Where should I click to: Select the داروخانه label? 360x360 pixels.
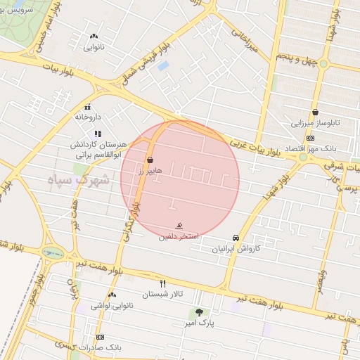89,117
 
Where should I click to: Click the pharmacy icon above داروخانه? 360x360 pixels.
87,107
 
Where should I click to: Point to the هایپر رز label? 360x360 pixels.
150,170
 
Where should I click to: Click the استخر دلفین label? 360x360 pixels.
180,237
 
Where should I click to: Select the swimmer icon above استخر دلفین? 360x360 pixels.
181,226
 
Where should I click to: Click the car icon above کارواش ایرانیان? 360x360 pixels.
236,238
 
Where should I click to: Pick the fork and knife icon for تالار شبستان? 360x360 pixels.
162,283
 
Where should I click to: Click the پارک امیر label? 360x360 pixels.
200,323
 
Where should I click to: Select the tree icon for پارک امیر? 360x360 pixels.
200,311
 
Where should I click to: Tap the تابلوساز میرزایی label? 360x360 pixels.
315,122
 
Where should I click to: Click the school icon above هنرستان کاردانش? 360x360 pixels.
98,133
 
